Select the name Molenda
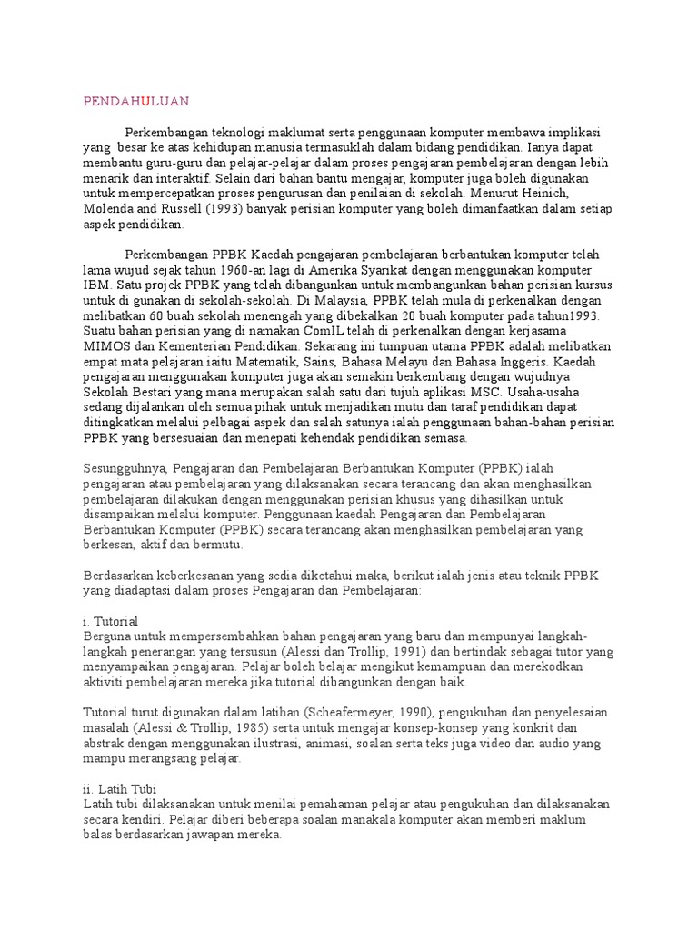[108, 209]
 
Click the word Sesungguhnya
[125, 468]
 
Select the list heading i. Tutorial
[110, 621]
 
